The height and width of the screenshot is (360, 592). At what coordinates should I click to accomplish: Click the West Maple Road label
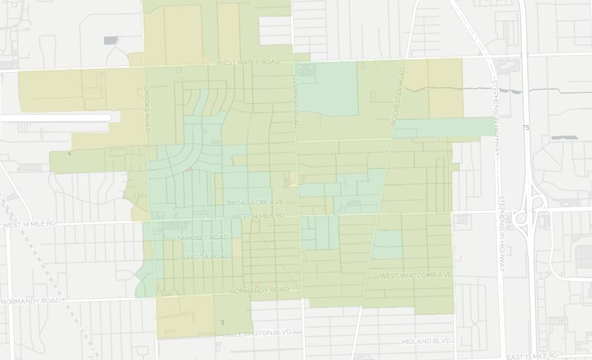(x=248, y=62)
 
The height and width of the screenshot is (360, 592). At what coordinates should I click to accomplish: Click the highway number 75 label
(x=526, y=127)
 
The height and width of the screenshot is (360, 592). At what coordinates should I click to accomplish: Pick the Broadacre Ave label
(x=255, y=203)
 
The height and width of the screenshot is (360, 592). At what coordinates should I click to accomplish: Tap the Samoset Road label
(x=203, y=237)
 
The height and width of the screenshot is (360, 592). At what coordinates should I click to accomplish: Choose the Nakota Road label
(x=205, y=257)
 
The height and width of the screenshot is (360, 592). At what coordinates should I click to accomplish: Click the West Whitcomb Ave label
(x=416, y=275)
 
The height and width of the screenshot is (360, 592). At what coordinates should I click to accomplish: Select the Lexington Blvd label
(x=263, y=334)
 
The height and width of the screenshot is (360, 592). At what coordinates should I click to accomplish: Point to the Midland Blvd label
(x=426, y=341)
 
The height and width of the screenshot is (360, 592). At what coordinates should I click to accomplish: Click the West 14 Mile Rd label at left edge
(x=29, y=225)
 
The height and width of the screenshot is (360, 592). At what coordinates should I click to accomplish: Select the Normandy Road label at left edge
(x=31, y=301)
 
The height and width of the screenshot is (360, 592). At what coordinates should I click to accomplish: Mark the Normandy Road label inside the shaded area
(x=259, y=289)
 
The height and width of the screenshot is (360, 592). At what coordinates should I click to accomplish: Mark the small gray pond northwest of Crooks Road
(x=111, y=41)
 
